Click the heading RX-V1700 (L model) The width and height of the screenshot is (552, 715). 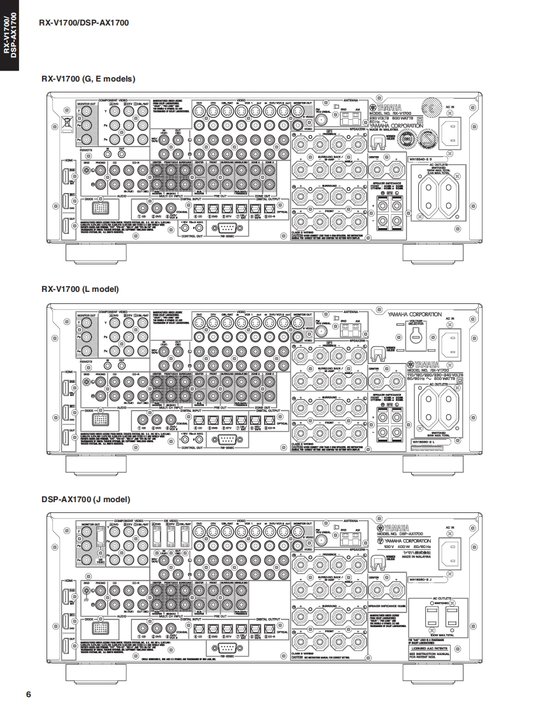pyautogui.click(x=80, y=289)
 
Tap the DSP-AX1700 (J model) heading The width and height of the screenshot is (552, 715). pyautogui.click(x=86, y=499)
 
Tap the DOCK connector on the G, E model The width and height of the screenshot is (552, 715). pyautogui.click(x=100, y=208)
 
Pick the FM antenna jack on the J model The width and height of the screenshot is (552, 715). pyautogui.click(x=321, y=541)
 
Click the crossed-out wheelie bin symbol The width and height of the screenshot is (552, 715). pyautogui.click(x=65, y=120)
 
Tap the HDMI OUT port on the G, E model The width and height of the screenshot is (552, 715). pyautogui.click(x=65, y=225)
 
